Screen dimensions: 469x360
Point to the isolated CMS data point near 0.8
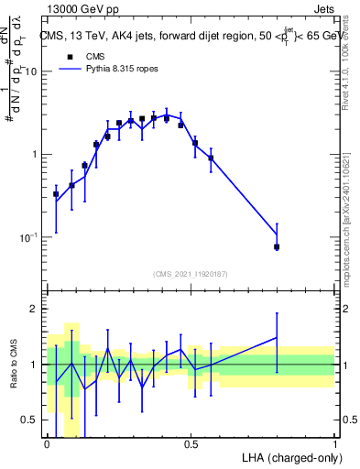[277, 246]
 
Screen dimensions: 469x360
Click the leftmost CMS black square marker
[56, 194]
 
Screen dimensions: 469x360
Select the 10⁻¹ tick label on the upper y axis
[30, 237]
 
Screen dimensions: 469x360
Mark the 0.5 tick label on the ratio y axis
[32, 420]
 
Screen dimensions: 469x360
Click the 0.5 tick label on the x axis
[191, 444]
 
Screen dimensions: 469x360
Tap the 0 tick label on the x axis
[47, 444]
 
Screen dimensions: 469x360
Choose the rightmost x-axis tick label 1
[334, 444]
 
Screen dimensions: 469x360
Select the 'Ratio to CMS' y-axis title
[14, 365]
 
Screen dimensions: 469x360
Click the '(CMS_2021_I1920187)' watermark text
[191, 274]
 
